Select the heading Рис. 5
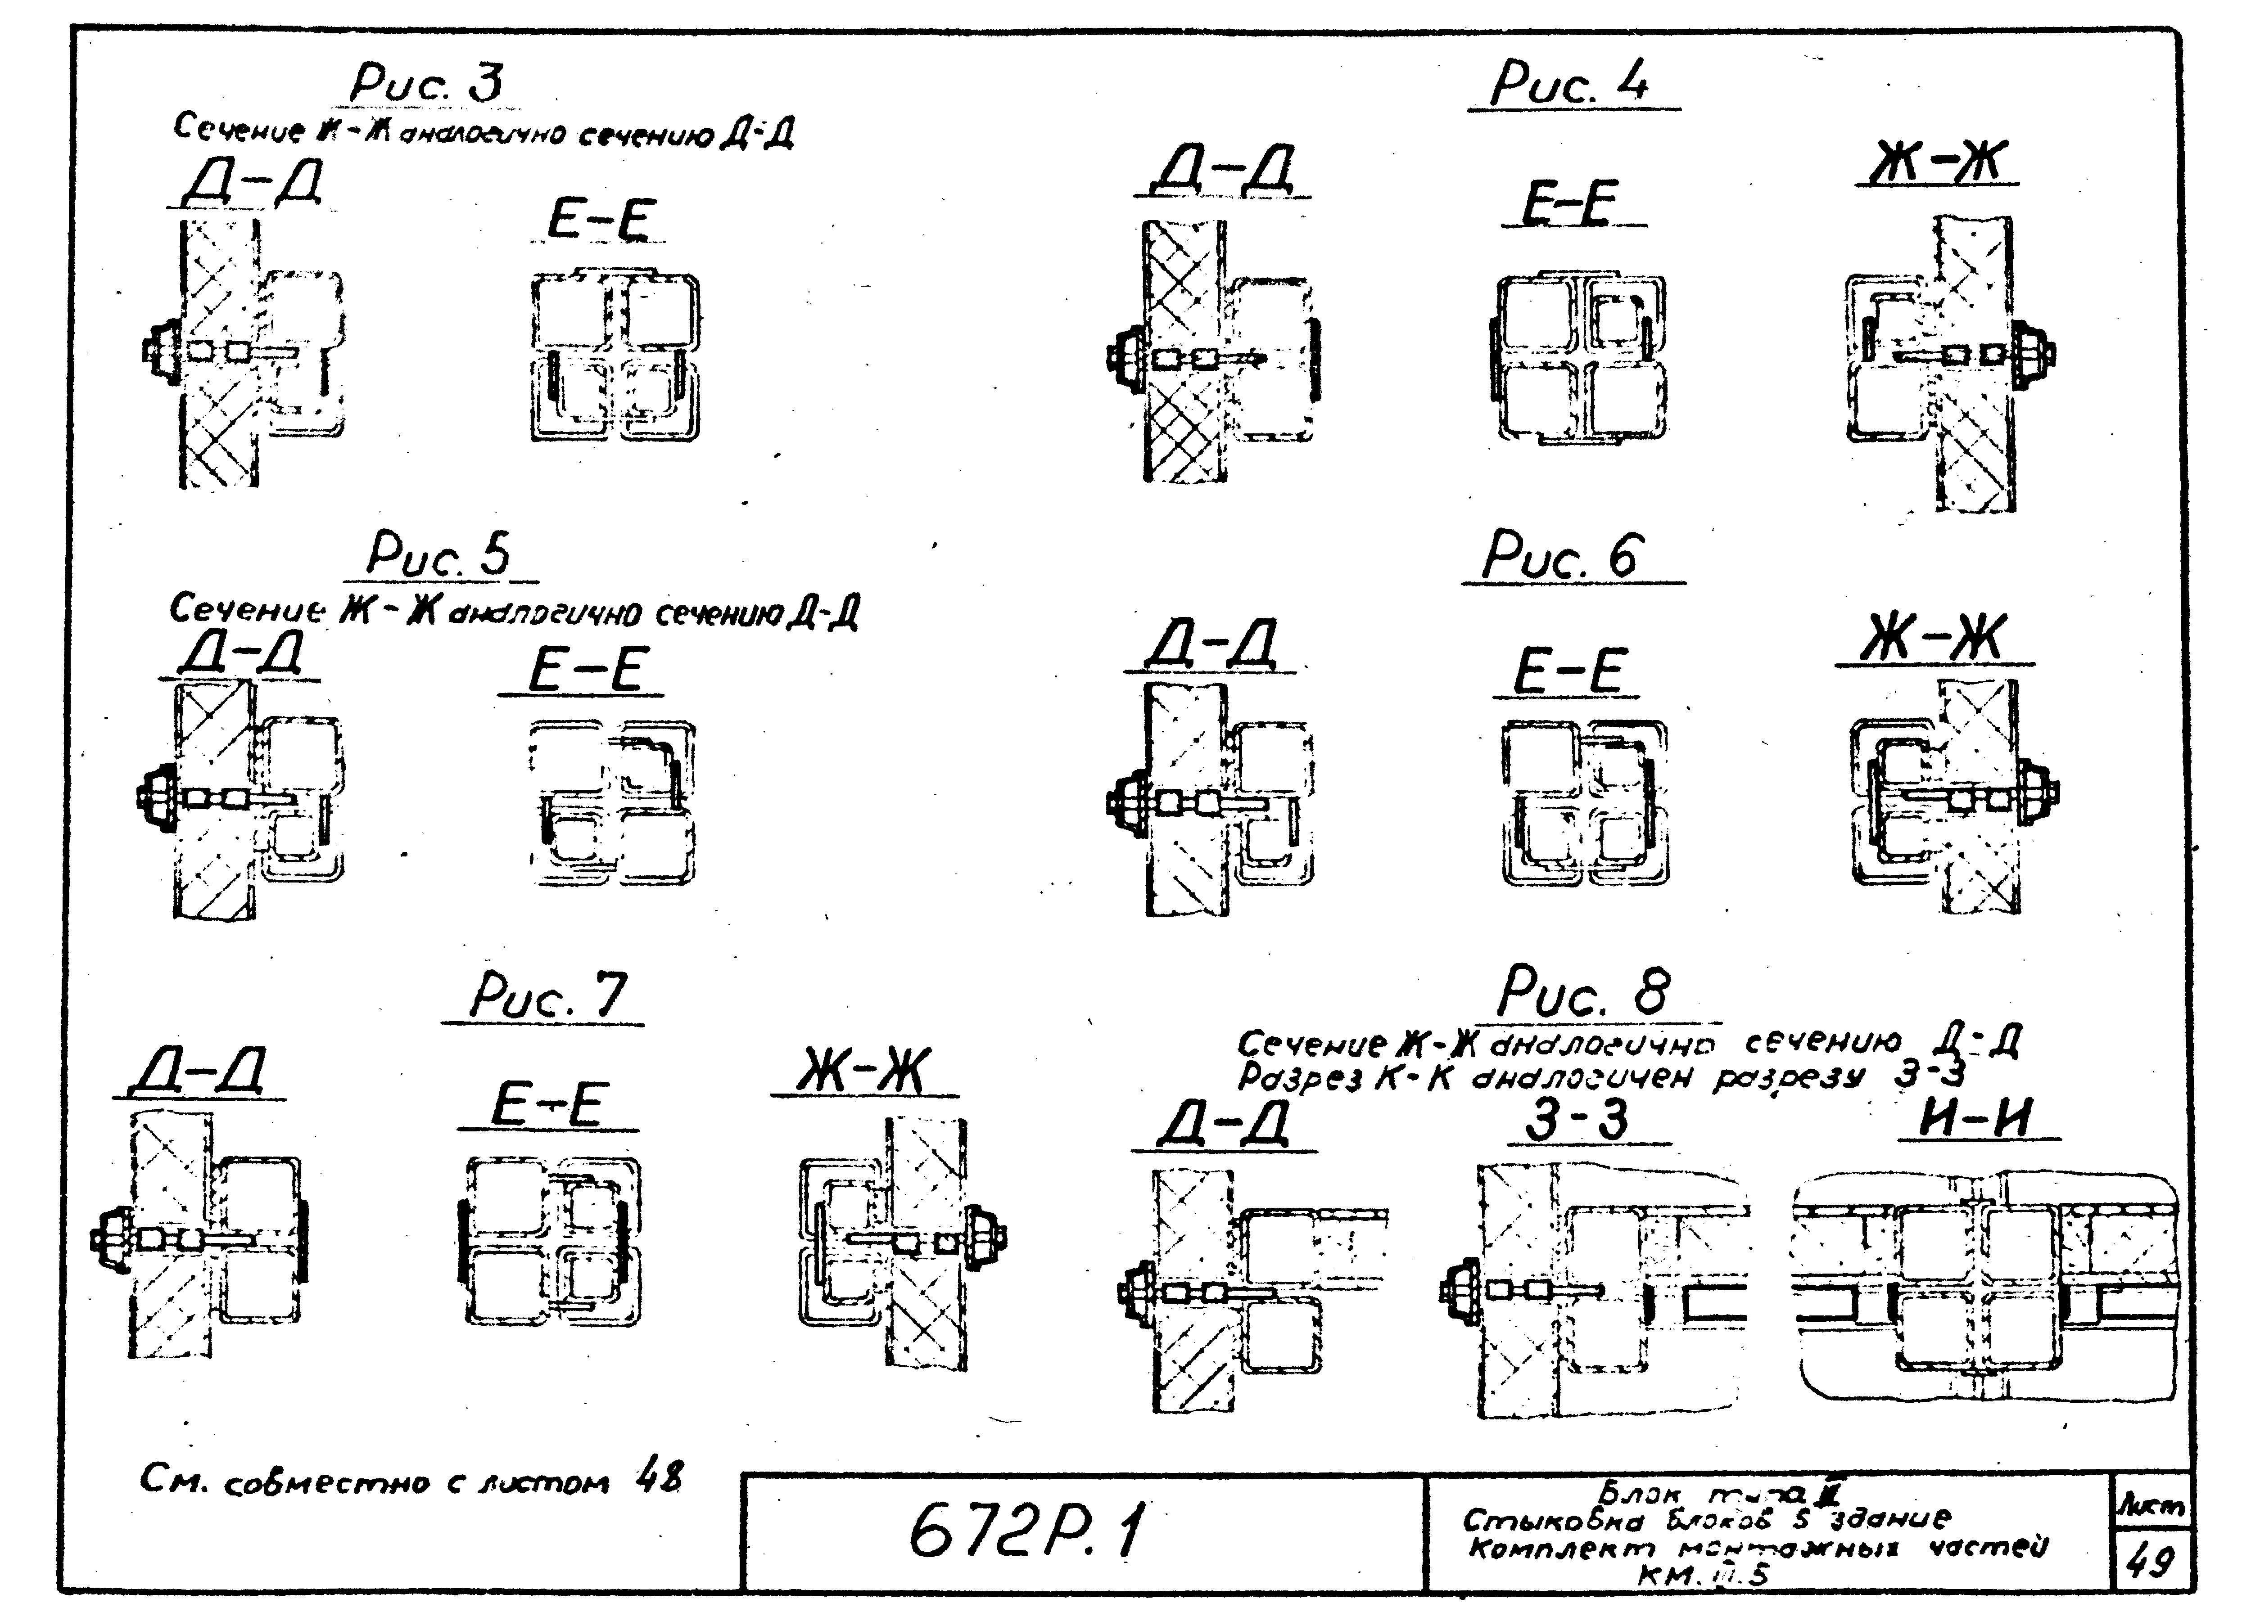click(x=438, y=555)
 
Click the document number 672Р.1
click(x=1026, y=1532)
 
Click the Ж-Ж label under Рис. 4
click(x=1935, y=162)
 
